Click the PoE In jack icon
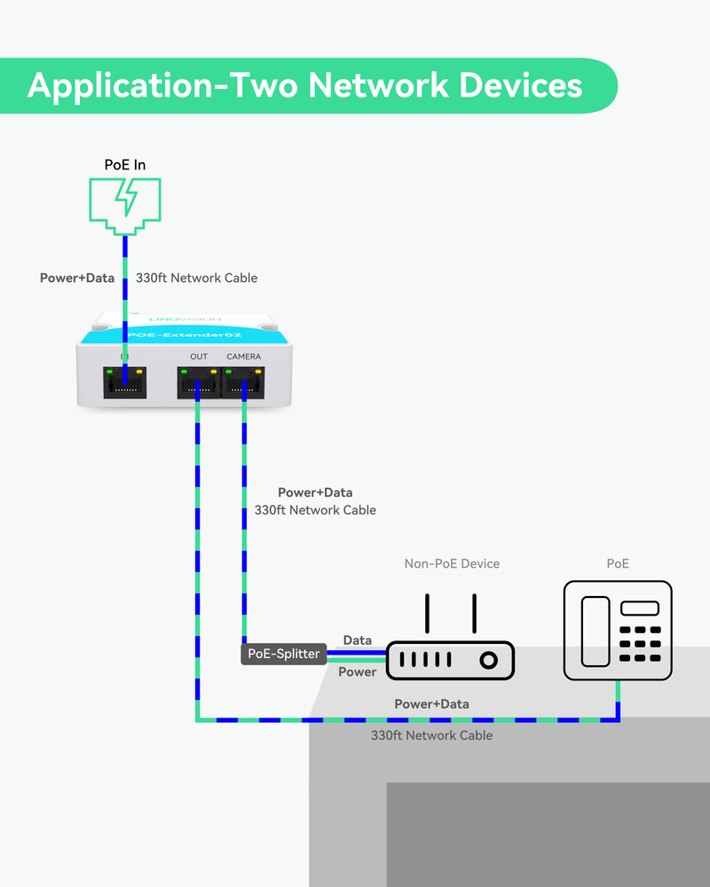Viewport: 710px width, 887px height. tap(125, 203)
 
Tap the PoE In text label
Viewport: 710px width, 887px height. tap(125, 165)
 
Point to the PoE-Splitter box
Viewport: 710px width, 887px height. tap(283, 655)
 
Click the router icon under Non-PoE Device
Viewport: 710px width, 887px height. tap(450, 660)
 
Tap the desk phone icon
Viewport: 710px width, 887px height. tap(618, 631)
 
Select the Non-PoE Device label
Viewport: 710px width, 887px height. tap(452, 563)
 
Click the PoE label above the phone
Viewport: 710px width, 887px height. tap(618, 563)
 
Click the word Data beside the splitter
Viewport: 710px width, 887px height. tap(358, 640)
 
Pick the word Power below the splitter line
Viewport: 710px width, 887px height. tap(358, 671)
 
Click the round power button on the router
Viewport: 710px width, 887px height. tap(487, 661)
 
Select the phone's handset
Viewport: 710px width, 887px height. tap(595, 631)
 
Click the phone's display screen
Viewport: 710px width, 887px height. tap(640, 608)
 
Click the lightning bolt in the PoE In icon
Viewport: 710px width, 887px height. tap(125, 199)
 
